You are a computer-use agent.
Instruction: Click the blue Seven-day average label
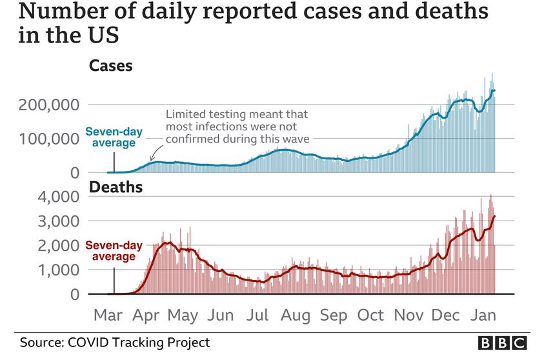pos(110,137)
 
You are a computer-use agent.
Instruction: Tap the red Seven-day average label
pos(110,250)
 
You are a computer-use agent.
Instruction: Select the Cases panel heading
pos(110,66)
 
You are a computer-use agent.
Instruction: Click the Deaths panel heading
pos(116,188)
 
